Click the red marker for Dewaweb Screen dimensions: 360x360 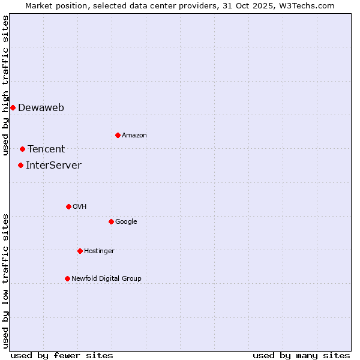(x=13, y=107)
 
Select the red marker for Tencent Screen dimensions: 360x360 (x=22, y=149)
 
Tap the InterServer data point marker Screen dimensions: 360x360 (x=20, y=165)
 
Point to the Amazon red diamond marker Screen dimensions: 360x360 (x=118, y=135)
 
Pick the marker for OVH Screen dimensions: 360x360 (x=68, y=206)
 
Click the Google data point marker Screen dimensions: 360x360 (x=111, y=221)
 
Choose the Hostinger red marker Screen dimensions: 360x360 (x=80, y=251)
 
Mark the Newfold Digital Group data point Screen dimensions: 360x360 (x=67, y=278)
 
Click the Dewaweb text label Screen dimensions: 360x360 (x=41, y=108)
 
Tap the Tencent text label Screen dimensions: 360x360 (x=46, y=149)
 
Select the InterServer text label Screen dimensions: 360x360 (x=53, y=166)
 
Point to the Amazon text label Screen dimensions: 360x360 (x=134, y=136)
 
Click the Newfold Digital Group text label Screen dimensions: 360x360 (x=106, y=278)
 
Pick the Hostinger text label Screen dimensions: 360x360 (x=99, y=251)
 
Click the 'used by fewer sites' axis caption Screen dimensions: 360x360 (x=62, y=355)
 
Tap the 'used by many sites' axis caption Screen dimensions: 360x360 (x=301, y=355)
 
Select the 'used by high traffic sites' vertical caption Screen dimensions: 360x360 (x=5, y=85)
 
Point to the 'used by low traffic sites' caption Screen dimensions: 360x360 (x=5, y=281)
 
